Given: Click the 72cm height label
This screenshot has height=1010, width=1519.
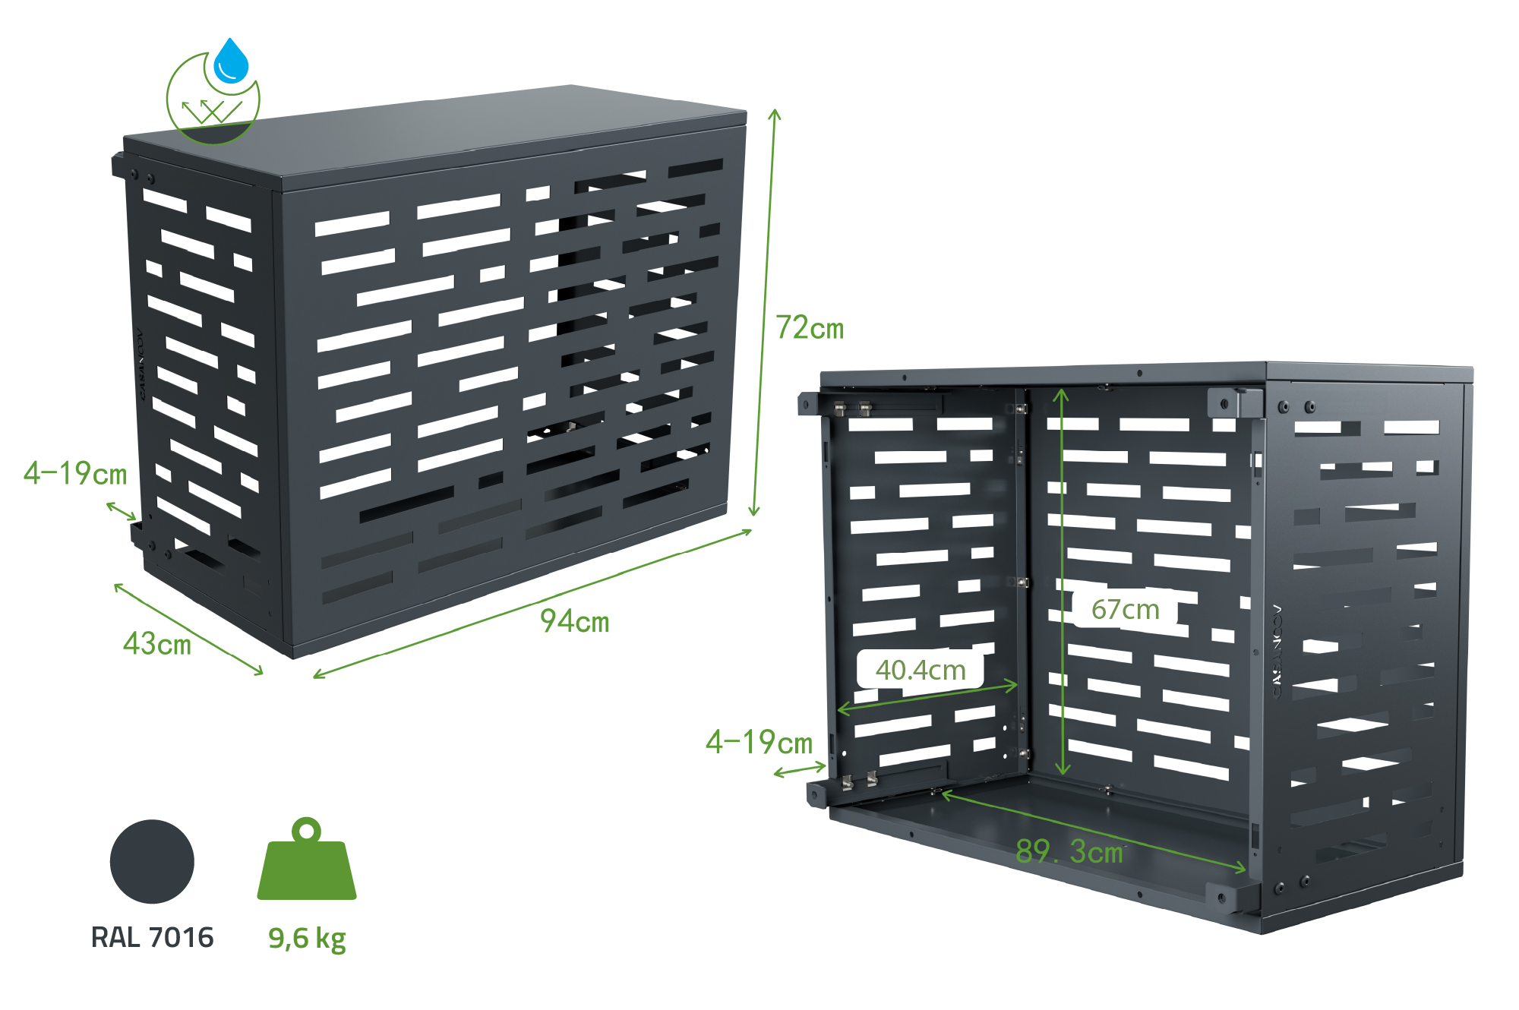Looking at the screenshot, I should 810,328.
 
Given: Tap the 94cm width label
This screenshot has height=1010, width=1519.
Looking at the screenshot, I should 575,621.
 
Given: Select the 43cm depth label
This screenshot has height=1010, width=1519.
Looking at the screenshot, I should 157,644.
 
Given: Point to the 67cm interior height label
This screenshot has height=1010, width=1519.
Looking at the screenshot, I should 1125,609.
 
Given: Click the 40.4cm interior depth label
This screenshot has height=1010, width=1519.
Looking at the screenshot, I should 921,670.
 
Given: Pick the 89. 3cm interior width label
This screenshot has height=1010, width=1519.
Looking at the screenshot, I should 1069,851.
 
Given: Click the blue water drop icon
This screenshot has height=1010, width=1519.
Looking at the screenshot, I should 231,61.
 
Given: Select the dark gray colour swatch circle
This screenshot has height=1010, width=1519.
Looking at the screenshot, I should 152,861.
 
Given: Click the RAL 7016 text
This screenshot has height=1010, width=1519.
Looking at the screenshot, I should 152,937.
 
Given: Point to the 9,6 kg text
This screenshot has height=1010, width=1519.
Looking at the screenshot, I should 307,939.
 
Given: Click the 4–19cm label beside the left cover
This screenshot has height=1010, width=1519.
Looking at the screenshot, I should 75,474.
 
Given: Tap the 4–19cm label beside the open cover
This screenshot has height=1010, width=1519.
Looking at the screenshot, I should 759,742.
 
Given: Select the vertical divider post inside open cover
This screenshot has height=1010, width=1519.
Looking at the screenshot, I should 1022,577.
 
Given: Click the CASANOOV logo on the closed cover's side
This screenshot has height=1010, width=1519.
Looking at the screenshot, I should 141,365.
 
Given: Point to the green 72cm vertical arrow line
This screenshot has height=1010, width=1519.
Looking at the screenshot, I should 764,311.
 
